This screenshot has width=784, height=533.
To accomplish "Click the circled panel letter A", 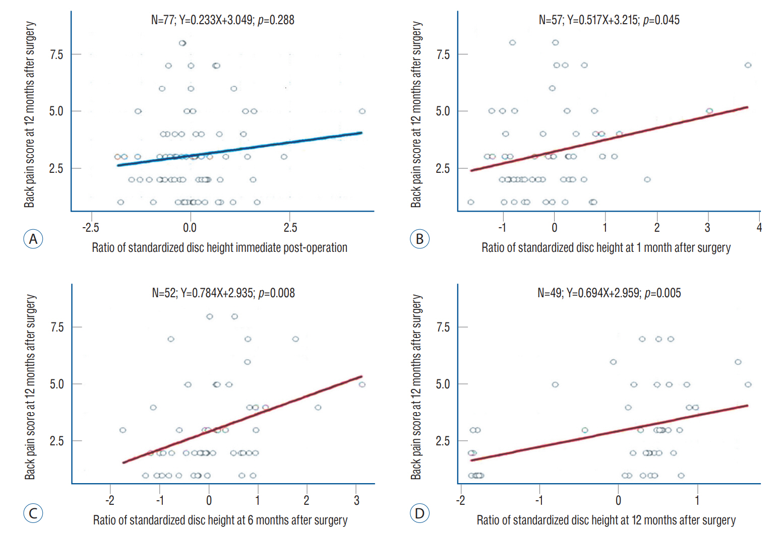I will tap(33, 239).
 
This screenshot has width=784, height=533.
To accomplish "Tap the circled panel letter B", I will tap(419, 239).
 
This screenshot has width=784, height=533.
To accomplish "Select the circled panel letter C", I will tap(33, 513).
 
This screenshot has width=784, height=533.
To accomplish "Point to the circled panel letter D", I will tap(419, 513).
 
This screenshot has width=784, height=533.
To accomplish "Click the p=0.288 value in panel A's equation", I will tap(276, 20).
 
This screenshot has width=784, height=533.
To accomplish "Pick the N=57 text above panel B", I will tap(550, 20).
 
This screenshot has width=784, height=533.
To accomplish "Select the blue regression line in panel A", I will tap(239, 149).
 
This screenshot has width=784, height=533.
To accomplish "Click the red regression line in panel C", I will tap(242, 420).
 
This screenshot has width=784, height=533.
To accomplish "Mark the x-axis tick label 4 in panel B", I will tap(759, 228).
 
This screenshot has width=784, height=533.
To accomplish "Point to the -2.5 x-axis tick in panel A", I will tap(91, 228).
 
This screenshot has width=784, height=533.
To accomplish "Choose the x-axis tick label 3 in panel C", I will tap(356, 501).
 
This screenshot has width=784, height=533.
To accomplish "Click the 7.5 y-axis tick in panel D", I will tap(443, 327).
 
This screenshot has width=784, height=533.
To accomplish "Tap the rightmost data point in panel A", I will tap(362, 111).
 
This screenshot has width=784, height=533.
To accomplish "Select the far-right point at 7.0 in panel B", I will tap(748, 65).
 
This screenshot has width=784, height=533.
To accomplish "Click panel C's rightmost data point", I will tap(362, 385).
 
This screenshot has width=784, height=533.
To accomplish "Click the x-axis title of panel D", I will tap(606, 520).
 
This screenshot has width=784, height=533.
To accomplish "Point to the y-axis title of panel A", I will tap(30, 115).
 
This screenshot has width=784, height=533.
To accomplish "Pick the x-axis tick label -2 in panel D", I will tap(460, 501).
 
